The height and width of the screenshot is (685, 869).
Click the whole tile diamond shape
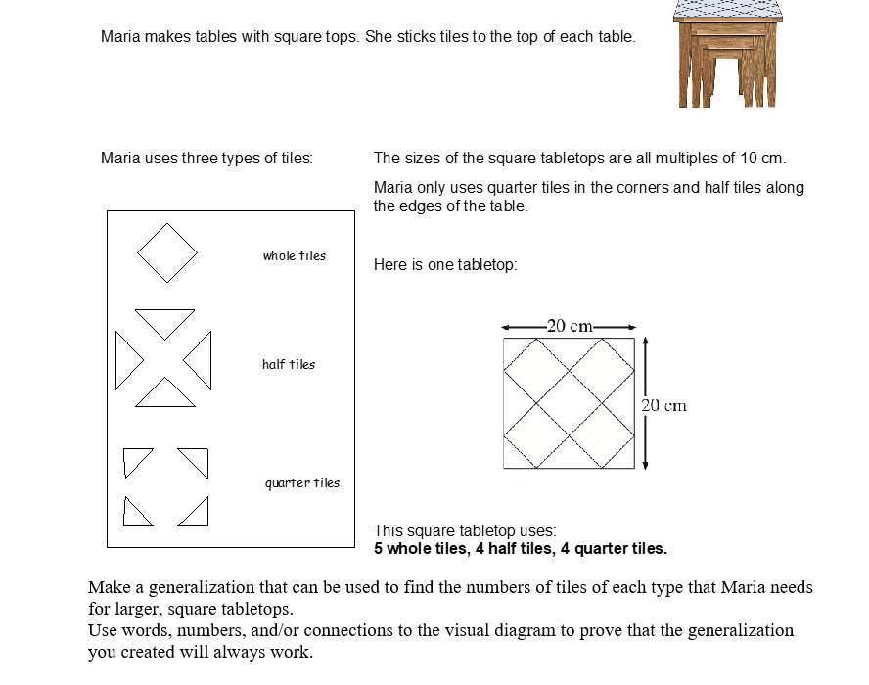tap(167, 252)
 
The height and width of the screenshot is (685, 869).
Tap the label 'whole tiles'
tap(294, 256)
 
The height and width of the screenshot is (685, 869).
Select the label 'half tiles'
tap(289, 365)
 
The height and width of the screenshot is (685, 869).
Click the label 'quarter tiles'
tap(302, 482)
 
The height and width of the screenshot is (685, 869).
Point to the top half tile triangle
tap(164, 320)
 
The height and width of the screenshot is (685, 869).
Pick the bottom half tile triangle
tap(164, 394)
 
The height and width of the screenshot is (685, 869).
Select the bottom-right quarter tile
tap(196, 512)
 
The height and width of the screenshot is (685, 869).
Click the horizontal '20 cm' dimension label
tap(569, 327)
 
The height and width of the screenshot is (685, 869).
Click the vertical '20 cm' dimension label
tap(664, 405)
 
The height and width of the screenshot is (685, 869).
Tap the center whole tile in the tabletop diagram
tap(569, 403)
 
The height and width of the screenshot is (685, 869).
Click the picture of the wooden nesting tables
tap(725, 53)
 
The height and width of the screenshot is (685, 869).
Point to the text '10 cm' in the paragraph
tap(761, 159)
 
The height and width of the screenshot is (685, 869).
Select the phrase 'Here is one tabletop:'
tap(445, 265)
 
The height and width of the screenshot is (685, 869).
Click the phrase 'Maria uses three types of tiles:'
tap(206, 159)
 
